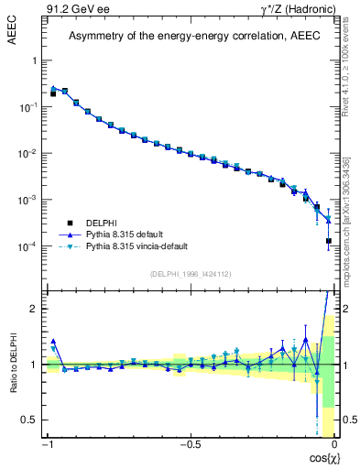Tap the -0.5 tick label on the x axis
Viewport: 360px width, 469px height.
click(191, 446)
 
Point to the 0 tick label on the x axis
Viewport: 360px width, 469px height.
click(334, 446)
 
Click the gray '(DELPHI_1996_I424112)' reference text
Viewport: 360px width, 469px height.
click(191, 272)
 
